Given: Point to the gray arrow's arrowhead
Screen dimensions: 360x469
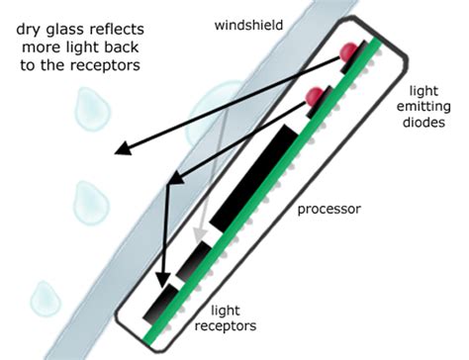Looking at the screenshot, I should pos(201,237).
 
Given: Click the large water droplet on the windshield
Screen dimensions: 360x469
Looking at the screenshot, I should pos(213,107).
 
